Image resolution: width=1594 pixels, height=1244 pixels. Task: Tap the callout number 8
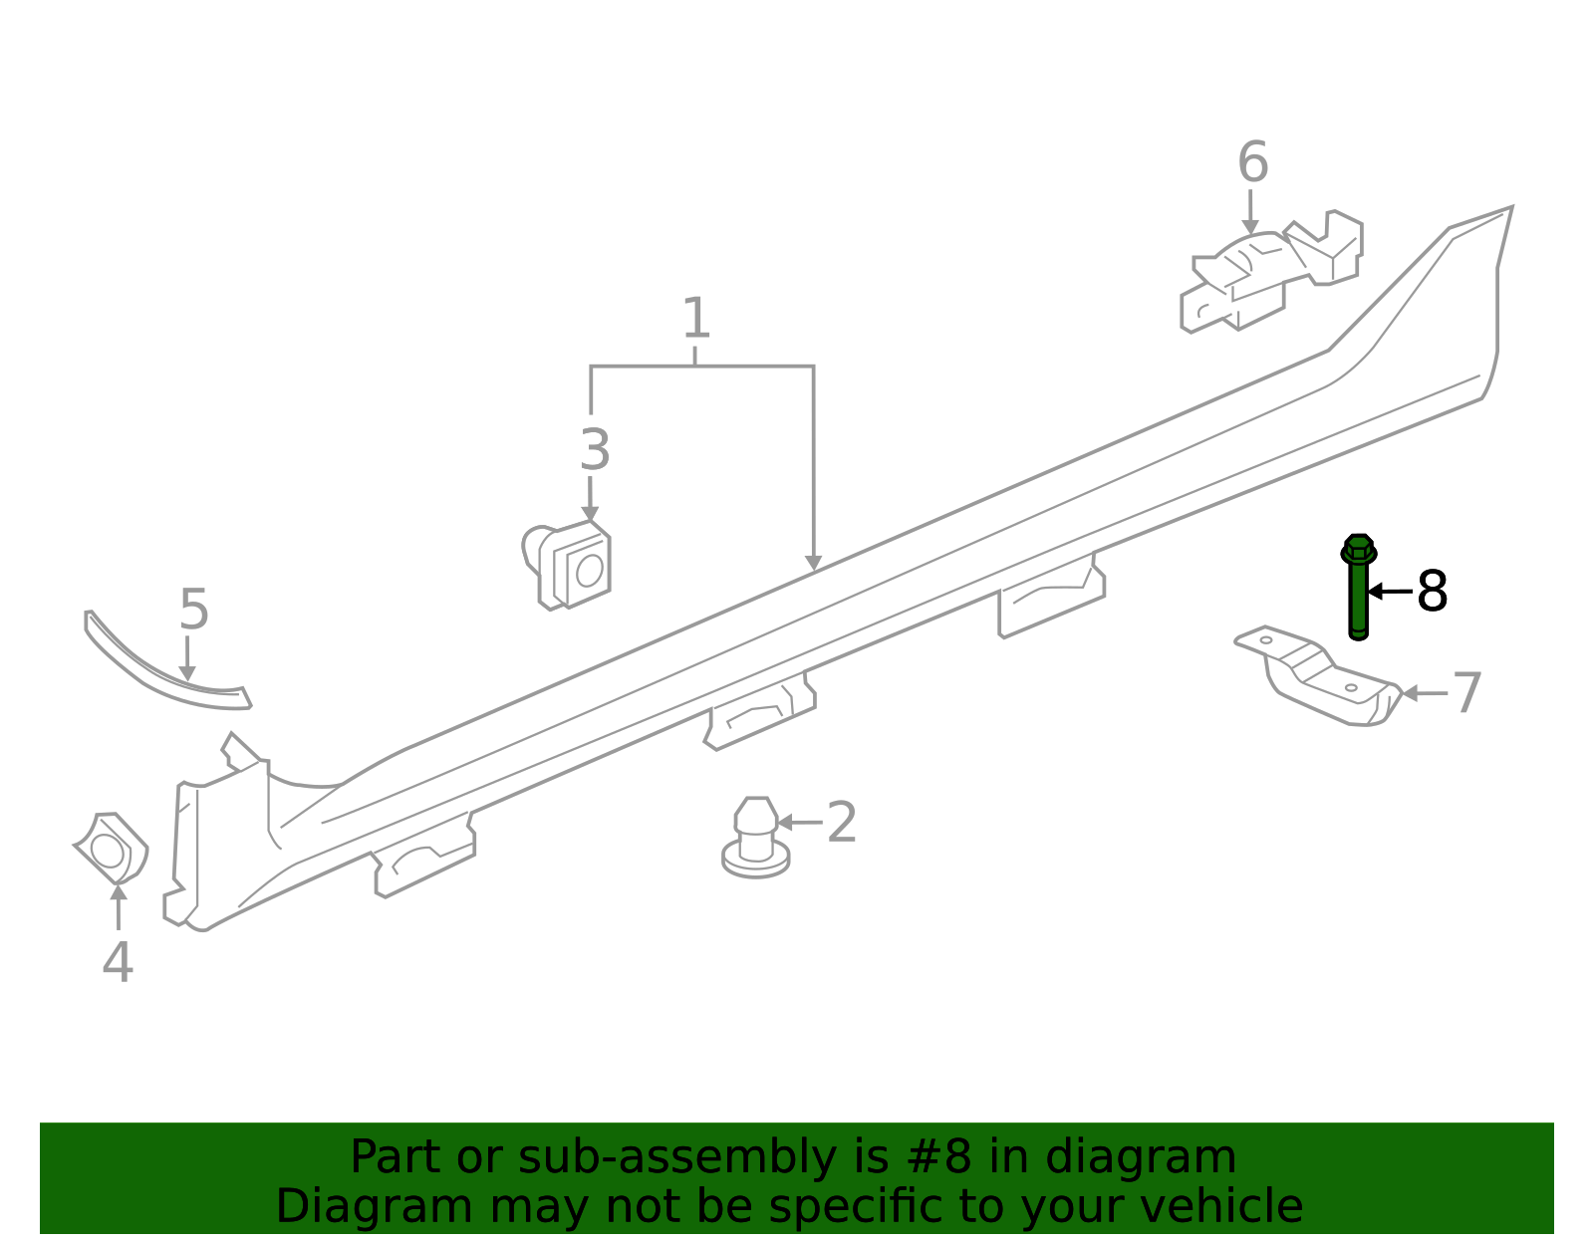(1432, 592)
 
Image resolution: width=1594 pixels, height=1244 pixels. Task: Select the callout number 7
(1466, 693)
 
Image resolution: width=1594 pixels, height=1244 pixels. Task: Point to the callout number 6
(1252, 162)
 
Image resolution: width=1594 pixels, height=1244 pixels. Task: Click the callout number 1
(695, 319)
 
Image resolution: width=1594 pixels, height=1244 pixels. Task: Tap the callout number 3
(594, 450)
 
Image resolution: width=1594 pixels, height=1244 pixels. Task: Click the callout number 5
(193, 610)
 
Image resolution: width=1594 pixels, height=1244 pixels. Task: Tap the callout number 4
(118, 962)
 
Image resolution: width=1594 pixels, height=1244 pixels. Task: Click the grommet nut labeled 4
(112, 849)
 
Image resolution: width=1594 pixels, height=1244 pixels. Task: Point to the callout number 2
(841, 823)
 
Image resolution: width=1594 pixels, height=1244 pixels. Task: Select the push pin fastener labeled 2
(756, 840)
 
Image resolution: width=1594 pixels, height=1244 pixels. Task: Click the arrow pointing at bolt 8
(1390, 592)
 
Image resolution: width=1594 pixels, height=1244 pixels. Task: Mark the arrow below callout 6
(1250, 212)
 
